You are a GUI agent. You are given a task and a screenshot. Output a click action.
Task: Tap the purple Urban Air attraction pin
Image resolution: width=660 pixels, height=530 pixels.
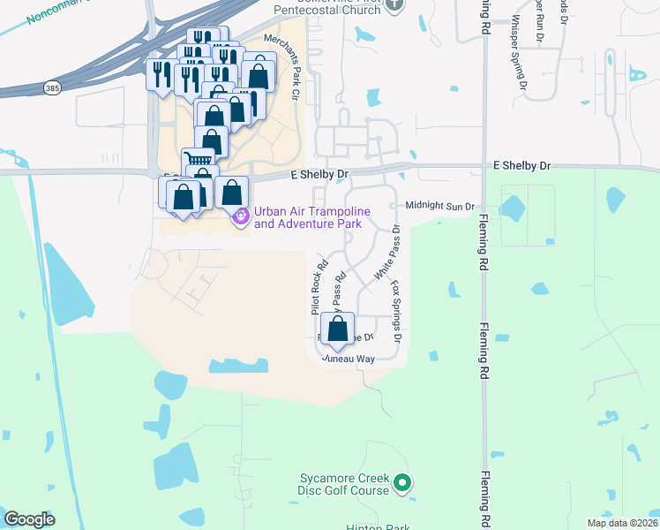tap(240, 216)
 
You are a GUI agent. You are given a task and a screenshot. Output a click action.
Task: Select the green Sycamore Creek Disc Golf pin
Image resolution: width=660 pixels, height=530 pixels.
tap(401, 482)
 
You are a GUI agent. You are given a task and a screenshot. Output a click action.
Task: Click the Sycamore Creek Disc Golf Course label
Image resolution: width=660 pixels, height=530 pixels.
tap(343, 484)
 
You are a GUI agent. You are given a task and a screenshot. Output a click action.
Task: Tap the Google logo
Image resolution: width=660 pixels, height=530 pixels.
tap(29, 519)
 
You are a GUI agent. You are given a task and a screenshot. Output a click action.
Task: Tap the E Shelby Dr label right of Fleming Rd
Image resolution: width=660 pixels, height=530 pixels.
tap(521, 165)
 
